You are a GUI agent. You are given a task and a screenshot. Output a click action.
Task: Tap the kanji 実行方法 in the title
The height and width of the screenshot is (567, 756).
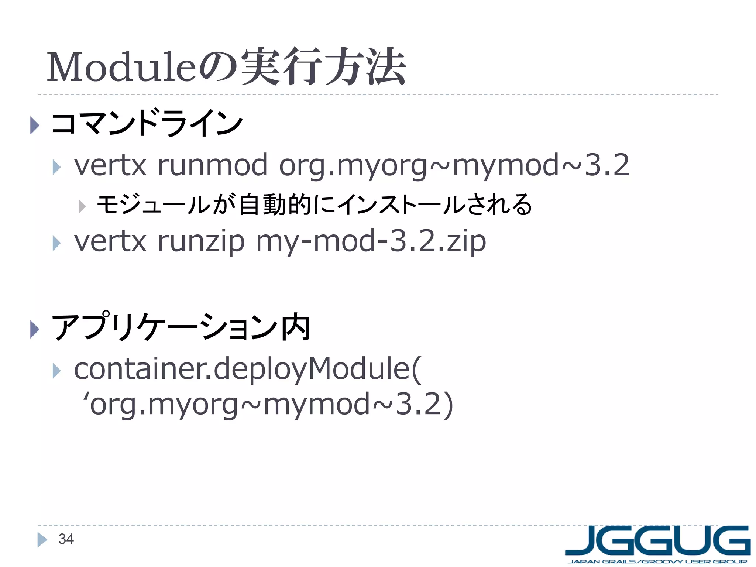click(323, 66)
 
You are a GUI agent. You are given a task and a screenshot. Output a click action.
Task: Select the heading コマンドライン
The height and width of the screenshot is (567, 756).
click(147, 123)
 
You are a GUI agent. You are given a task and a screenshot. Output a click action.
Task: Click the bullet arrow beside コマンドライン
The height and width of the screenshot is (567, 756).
click(34, 125)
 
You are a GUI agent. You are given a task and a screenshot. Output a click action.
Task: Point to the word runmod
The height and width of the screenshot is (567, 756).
click(212, 165)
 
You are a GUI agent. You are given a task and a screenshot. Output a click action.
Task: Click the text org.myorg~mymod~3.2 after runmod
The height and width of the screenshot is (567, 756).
click(454, 165)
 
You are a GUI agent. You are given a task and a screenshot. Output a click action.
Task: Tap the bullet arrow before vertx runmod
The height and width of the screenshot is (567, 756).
click(56, 167)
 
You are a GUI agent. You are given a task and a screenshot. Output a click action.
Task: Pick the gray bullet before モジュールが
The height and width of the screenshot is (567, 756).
click(82, 206)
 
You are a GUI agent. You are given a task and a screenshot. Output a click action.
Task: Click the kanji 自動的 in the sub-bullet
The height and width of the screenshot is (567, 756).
click(275, 205)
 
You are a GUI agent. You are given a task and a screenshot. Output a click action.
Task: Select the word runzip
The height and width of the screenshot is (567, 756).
click(201, 241)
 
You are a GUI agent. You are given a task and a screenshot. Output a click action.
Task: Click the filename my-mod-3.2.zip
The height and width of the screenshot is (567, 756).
click(371, 241)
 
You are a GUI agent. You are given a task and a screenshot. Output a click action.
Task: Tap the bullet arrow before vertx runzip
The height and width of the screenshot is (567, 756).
click(56, 243)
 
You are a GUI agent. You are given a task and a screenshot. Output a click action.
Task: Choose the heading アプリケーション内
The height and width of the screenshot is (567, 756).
click(181, 327)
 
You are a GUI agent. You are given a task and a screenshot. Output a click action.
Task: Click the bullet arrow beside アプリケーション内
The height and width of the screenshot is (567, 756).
click(34, 329)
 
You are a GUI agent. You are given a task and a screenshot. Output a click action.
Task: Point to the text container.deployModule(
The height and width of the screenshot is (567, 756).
click(247, 369)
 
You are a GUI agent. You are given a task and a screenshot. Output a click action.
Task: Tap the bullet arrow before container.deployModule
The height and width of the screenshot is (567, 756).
click(56, 371)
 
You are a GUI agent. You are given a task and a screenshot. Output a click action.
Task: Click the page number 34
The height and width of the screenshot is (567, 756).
click(66, 539)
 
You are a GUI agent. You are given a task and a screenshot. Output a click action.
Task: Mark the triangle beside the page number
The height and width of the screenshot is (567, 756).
click(42, 540)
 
